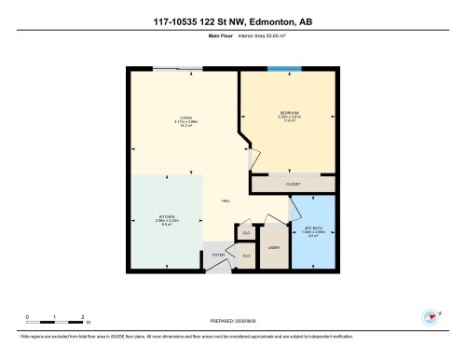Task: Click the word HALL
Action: point(226,202)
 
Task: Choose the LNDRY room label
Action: point(274,247)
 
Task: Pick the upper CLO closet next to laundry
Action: point(247,233)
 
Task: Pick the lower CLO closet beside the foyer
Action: point(247,255)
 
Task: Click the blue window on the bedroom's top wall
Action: point(284,68)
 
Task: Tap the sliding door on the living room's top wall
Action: point(177,68)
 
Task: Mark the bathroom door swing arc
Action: point(298,213)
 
